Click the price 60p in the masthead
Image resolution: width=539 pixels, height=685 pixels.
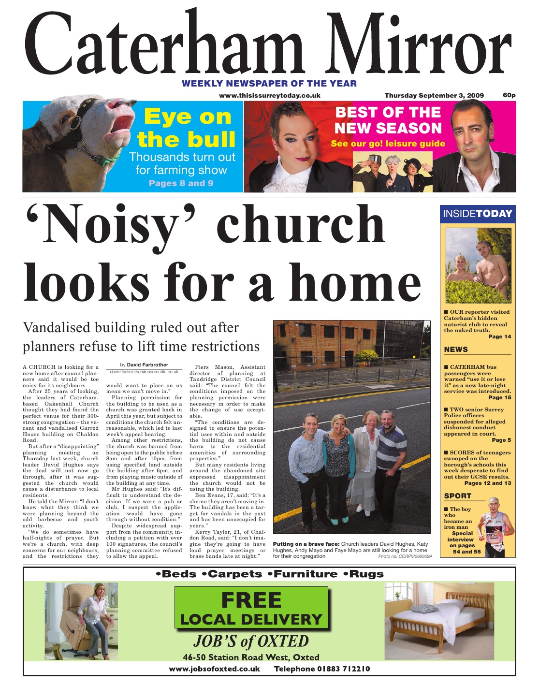tap(509, 95)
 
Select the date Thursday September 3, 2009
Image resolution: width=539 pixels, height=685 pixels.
tap(434, 95)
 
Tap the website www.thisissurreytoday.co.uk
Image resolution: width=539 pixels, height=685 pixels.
tap(269, 95)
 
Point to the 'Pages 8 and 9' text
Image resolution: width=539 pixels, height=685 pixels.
tap(181, 183)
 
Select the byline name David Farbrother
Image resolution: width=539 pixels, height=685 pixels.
tap(147, 364)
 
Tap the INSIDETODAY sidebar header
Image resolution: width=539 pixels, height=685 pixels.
tap(478, 213)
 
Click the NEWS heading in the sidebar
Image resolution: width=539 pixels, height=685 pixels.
tap(456, 349)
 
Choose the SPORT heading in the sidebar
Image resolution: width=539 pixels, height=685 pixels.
tap(457, 496)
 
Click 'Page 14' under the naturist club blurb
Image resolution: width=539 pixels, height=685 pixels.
tap(499, 336)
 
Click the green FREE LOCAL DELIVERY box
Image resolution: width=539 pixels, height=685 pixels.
tap(251, 609)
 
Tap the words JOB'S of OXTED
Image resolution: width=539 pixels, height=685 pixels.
tap(251, 641)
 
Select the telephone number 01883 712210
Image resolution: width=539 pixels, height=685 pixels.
tap(322, 669)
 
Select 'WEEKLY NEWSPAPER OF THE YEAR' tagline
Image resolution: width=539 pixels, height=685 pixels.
tap(269, 83)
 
